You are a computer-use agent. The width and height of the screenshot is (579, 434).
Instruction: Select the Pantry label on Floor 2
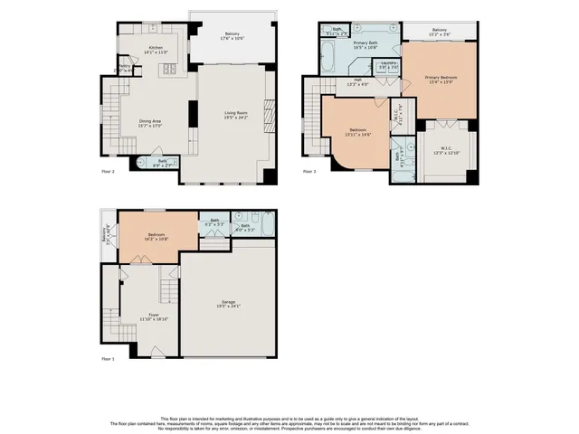124,66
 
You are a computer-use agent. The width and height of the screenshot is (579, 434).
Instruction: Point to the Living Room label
236,113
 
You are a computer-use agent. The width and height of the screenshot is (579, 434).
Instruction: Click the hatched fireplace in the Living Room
265,115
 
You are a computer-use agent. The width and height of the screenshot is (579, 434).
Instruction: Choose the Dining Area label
149,121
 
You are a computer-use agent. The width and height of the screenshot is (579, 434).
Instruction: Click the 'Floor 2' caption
108,171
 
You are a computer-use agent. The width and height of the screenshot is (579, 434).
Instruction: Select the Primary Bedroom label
441,78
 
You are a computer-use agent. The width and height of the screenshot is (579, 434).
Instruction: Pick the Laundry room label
388,65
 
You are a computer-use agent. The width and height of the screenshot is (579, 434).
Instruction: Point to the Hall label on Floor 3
358,81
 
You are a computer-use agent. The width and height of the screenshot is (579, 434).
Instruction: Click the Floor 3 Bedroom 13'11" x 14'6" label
358,132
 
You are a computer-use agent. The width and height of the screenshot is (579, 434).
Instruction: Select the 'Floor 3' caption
309,171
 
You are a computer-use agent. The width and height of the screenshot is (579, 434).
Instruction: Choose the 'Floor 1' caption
108,360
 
